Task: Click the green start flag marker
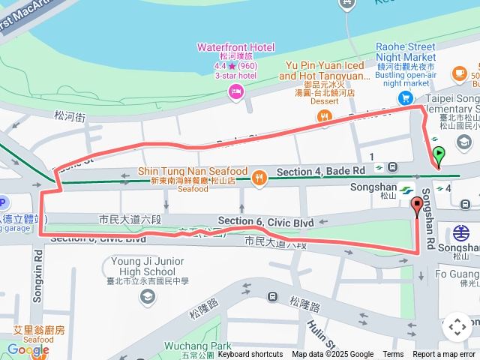click(x=439, y=155)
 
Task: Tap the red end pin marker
click(x=417, y=205)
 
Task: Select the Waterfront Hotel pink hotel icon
click(x=235, y=91)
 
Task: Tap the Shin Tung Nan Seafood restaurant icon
click(x=259, y=177)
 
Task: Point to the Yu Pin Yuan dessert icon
click(x=324, y=115)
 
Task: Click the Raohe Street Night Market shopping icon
click(x=406, y=97)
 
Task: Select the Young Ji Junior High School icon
click(x=148, y=296)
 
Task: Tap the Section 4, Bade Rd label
click(x=320, y=172)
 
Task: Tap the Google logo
click(x=28, y=349)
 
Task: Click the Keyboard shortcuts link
click(x=250, y=355)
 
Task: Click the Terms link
click(x=393, y=355)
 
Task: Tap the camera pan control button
click(x=457, y=327)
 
